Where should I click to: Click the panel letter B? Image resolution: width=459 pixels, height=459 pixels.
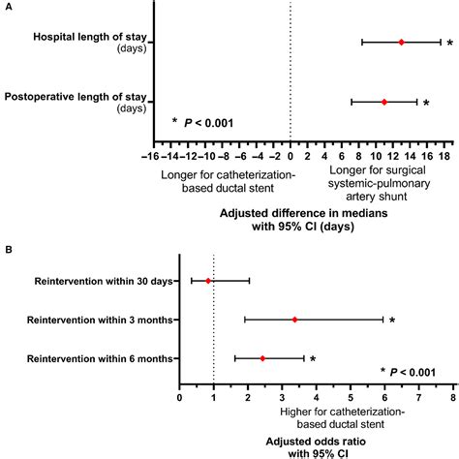(10, 249)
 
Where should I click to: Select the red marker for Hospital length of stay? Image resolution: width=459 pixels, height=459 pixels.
(401, 42)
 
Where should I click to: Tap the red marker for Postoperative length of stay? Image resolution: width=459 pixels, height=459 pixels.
(384, 102)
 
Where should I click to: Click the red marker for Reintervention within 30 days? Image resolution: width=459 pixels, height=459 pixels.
(207, 281)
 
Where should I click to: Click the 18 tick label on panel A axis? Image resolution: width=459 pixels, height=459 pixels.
(445, 155)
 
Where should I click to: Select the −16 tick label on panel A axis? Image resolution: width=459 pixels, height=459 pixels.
(150, 155)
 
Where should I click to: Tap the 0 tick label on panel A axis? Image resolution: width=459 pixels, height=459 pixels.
(291, 155)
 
